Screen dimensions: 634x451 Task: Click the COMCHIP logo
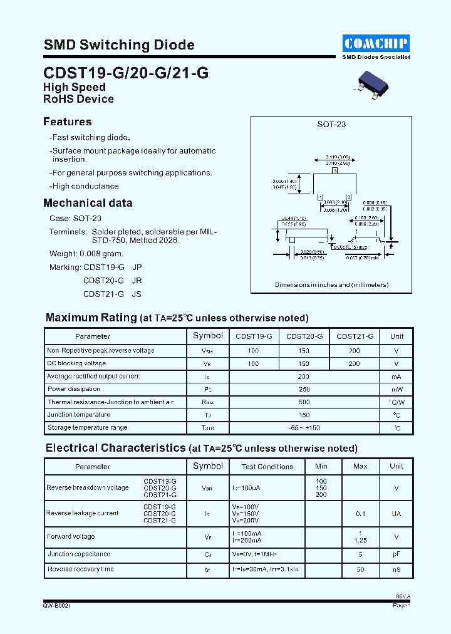pyautogui.click(x=376, y=43)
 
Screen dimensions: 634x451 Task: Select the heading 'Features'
pyautogui.click(x=67, y=122)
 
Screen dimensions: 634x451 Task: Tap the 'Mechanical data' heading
pyautogui.click(x=88, y=203)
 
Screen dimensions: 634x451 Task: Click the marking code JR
pyautogui.click(x=137, y=280)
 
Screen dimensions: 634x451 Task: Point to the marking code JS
pyautogui.click(x=137, y=293)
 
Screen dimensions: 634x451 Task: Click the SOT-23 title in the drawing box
pyautogui.click(x=331, y=124)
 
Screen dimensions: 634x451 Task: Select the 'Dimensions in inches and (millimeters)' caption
pyautogui.click(x=331, y=284)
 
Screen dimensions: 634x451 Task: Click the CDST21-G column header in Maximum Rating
pyautogui.click(x=355, y=336)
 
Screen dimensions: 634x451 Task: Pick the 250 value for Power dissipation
pyautogui.click(x=304, y=389)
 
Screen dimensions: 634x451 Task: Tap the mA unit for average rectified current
pyautogui.click(x=397, y=377)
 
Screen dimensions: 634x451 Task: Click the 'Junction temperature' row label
pyautogui.click(x=78, y=415)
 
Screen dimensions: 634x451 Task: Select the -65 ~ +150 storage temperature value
pyautogui.click(x=304, y=428)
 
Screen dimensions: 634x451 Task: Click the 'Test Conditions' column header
pyautogui.click(x=267, y=467)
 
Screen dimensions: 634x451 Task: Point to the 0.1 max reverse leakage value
pyautogui.click(x=360, y=514)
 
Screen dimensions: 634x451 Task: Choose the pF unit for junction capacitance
pyautogui.click(x=397, y=554)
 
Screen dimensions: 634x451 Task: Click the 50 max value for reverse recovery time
pyautogui.click(x=360, y=570)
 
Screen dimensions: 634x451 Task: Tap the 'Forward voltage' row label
pyautogui.click(x=71, y=536)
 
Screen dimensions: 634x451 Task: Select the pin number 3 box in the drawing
pyautogui.click(x=335, y=170)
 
